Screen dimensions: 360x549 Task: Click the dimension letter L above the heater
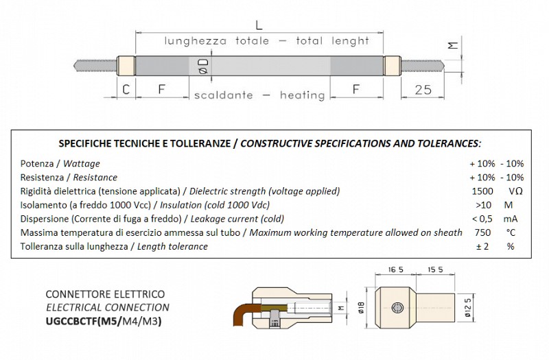coord(257,25)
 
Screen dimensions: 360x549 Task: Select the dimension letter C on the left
coord(126,89)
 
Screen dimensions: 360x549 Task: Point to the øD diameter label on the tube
coord(202,66)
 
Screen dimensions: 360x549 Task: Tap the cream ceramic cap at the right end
coord(390,67)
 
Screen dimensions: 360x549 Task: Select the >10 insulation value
coord(483,204)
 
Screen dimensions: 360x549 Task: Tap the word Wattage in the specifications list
coord(82,163)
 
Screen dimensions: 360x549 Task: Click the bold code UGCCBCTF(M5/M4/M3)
coord(103,321)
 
